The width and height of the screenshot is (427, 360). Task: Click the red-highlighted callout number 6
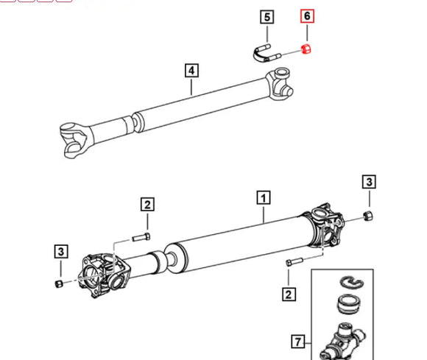(x=307, y=15)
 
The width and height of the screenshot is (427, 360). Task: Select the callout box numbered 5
(x=266, y=15)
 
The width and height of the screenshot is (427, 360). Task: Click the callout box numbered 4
(x=191, y=71)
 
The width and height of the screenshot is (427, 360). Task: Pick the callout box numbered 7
(x=297, y=341)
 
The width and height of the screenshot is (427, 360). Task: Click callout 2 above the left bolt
(x=148, y=204)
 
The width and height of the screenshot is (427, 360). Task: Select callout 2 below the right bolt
(x=288, y=294)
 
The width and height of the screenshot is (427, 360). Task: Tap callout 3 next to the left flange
(x=60, y=252)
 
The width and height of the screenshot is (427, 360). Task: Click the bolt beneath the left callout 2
(x=142, y=237)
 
